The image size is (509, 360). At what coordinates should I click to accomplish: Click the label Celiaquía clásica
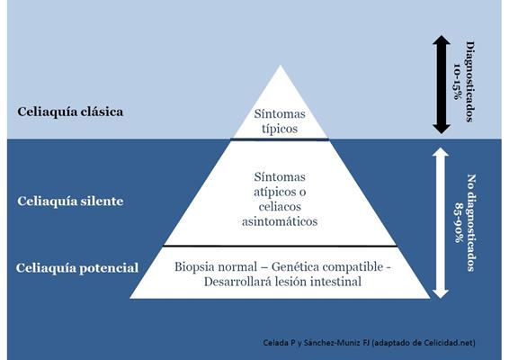click(70, 112)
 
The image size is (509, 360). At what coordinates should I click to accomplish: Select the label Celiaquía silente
click(70, 201)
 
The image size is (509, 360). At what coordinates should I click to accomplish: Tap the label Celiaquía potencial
click(77, 268)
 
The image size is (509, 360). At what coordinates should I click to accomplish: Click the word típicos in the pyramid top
click(280, 129)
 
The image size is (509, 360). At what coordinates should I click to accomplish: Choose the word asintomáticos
click(280, 221)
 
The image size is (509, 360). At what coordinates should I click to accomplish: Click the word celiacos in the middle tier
click(280, 207)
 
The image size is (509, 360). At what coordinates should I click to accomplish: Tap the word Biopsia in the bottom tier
click(194, 267)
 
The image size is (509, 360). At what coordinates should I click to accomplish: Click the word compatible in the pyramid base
click(353, 267)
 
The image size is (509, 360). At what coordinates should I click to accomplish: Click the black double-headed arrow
click(442, 85)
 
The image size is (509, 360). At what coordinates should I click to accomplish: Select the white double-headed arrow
click(441, 223)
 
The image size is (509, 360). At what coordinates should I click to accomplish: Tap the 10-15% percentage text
click(457, 82)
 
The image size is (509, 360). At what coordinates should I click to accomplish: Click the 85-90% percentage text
click(459, 223)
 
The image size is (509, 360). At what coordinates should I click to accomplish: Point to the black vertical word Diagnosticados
click(470, 82)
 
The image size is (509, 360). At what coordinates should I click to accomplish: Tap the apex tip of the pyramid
click(281, 65)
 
